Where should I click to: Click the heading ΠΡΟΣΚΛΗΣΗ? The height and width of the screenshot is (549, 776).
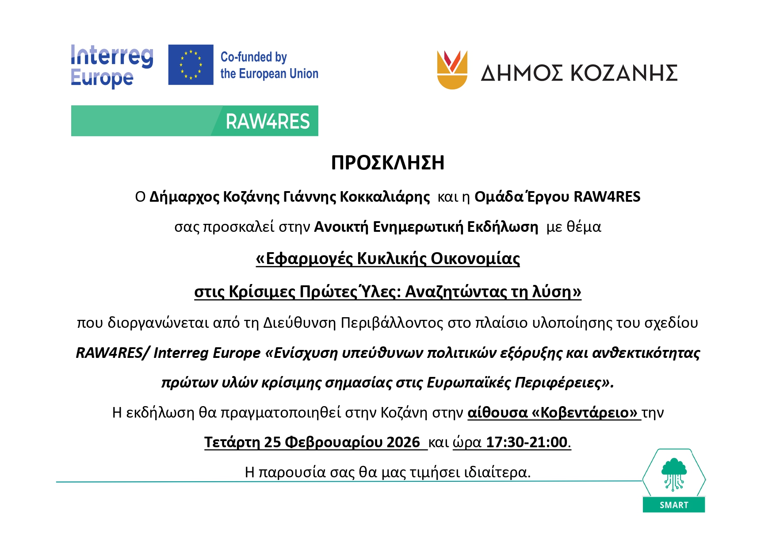tap(388, 163)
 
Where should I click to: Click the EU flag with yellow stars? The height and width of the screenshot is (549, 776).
tap(191, 65)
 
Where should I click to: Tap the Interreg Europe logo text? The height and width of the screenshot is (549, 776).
tap(112, 66)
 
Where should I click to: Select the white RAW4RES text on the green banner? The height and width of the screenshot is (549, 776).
tap(268, 121)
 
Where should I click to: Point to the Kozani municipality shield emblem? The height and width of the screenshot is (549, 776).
tap(452, 70)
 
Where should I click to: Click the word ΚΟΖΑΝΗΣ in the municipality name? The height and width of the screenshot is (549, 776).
tap(624, 73)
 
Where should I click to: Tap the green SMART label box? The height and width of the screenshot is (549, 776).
tap(674, 505)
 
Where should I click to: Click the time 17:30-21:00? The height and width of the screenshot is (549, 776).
tap(527, 442)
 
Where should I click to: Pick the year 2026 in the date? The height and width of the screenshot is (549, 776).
tap(403, 442)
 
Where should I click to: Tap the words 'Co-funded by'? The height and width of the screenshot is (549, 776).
tap(254, 57)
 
